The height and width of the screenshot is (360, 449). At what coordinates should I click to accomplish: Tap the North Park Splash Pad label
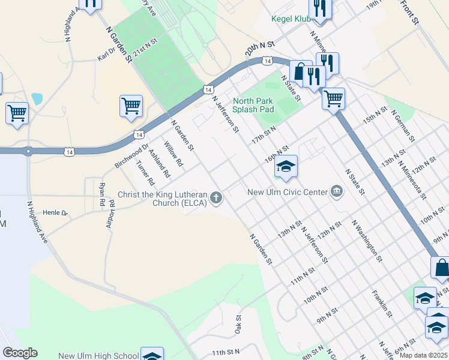coord(253,106)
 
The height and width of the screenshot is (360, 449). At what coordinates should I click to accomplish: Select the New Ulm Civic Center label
coord(288,192)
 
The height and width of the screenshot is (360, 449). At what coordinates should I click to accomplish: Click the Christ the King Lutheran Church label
coord(162,199)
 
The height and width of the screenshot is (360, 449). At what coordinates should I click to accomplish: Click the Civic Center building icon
coord(336,192)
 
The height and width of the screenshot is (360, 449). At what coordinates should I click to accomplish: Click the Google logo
coord(20,353)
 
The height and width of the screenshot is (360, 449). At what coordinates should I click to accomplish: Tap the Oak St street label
coord(238,325)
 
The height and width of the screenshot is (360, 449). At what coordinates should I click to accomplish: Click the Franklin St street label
coord(382,304)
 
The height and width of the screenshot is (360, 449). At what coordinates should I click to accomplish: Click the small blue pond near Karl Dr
coord(37,99)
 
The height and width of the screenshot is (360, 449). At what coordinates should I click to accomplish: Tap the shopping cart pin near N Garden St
coord(131,107)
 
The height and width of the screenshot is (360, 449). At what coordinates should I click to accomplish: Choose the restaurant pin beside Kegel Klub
coord(319,9)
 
